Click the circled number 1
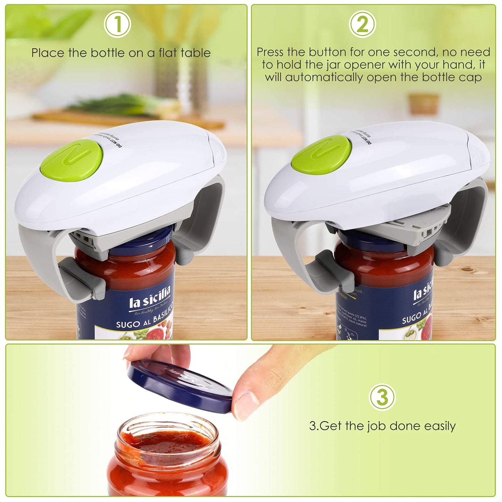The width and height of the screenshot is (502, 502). point(117,25)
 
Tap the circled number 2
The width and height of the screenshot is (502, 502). point(362,25)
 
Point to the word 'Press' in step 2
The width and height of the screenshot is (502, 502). point(271,52)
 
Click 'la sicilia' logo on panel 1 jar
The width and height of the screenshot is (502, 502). point(150,299)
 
